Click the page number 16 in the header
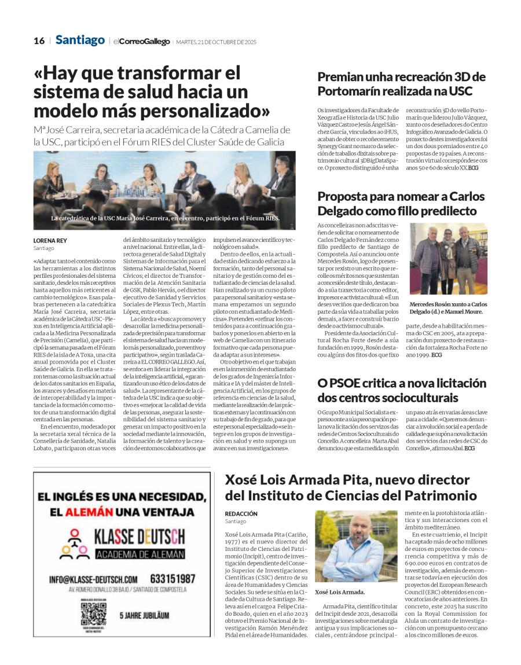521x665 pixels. (x=39, y=41)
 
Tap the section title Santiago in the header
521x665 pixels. (x=80, y=40)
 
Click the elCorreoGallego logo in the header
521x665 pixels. (x=141, y=42)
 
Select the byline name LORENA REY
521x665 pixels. (x=49, y=241)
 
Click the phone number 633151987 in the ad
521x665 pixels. (x=170, y=578)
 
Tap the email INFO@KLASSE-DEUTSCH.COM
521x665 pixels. (x=93, y=579)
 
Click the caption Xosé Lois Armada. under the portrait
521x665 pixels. (x=340, y=592)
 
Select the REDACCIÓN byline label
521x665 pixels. (x=241, y=513)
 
